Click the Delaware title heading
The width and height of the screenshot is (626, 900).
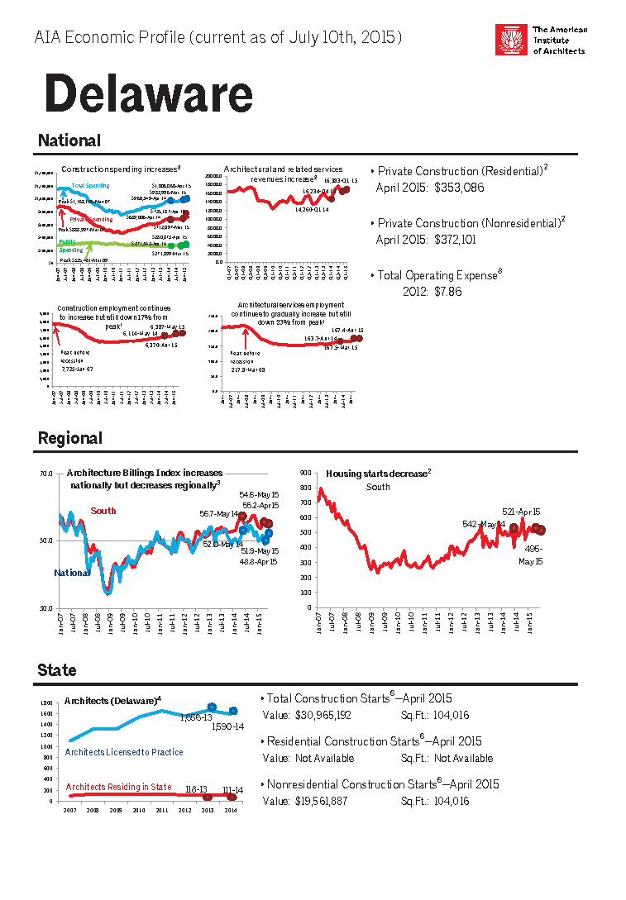pyautogui.click(x=148, y=94)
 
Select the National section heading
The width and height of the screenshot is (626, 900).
pyautogui.click(x=69, y=141)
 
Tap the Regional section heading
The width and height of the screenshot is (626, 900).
pyautogui.click(x=70, y=439)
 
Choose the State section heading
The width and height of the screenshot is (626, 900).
pyautogui.click(x=57, y=670)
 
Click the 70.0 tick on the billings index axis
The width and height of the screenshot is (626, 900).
pyautogui.click(x=46, y=474)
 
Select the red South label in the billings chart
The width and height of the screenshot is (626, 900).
pyautogui.click(x=103, y=511)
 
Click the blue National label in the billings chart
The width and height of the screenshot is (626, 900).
pyautogui.click(x=71, y=573)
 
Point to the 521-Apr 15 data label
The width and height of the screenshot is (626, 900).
pyautogui.click(x=521, y=512)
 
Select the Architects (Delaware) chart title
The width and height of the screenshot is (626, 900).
pyautogui.click(x=112, y=701)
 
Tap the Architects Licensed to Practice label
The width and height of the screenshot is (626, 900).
pyautogui.click(x=124, y=752)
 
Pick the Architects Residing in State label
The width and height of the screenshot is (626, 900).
pyautogui.click(x=119, y=787)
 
